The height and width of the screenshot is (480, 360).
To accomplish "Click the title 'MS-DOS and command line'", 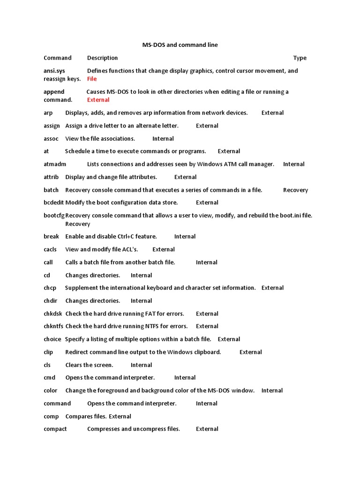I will [x=180, y=45].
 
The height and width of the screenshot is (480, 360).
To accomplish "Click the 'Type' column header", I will [x=300, y=58].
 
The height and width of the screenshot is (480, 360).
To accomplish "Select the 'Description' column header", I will [x=102, y=58].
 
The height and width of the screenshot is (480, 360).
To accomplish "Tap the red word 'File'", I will [x=92, y=79].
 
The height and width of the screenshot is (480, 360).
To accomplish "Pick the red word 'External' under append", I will [x=98, y=100].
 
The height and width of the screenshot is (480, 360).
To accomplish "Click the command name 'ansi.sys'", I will [x=54, y=71].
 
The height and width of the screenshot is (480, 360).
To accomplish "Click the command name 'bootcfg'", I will [x=54, y=216].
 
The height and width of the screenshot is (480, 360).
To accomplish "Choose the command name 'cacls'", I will [x=50, y=249].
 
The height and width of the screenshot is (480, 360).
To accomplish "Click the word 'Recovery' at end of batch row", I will [x=295, y=190].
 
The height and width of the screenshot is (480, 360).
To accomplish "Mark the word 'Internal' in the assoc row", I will [x=163, y=139].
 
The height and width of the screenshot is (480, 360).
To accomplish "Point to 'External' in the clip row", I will [x=250, y=352].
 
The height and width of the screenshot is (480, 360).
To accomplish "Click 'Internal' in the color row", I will [x=272, y=390].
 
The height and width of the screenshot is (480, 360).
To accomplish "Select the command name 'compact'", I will [x=55, y=429].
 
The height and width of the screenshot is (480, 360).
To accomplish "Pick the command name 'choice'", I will [x=52, y=339].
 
